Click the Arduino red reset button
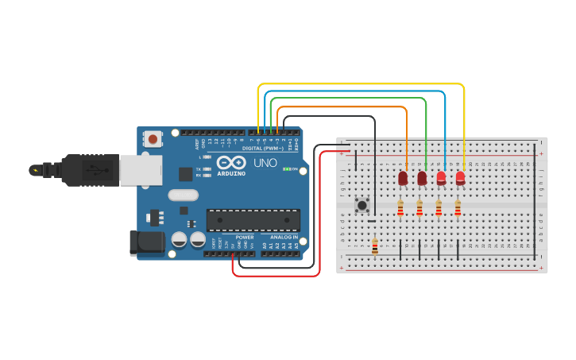[x=153, y=139]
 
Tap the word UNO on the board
[x=265, y=163]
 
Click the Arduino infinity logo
[x=231, y=162]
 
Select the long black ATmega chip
[x=253, y=220]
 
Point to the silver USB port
[x=141, y=170]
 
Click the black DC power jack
[x=147, y=242]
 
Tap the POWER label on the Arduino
[x=245, y=237]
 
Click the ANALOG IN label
[x=283, y=237]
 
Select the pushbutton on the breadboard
[x=362, y=205]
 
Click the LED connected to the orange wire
[x=403, y=178]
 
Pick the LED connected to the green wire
[x=422, y=178]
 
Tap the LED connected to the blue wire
[x=441, y=178]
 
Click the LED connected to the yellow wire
[x=460, y=178]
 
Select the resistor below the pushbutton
[x=375, y=246]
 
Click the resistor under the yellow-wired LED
[x=458, y=208]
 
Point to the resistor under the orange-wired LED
[x=400, y=208]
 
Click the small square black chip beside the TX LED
[x=186, y=174]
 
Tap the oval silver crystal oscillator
[x=183, y=195]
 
